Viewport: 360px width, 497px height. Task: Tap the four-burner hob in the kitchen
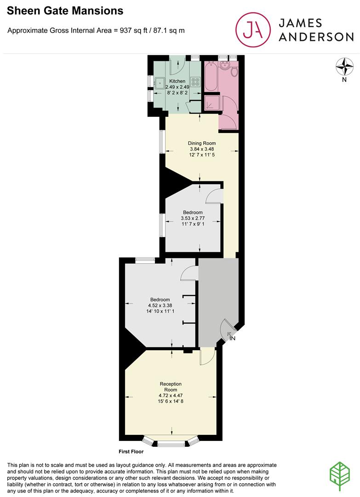tap(195, 82)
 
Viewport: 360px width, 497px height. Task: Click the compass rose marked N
tap(343, 68)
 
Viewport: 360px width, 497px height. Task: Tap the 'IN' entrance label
tap(233, 339)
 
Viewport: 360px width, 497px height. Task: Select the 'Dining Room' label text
tap(201, 143)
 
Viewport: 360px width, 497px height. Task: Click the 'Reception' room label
tap(171, 384)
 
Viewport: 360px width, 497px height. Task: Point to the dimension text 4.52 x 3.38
tap(159, 305)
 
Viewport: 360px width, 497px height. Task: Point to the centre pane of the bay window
tap(171, 444)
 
